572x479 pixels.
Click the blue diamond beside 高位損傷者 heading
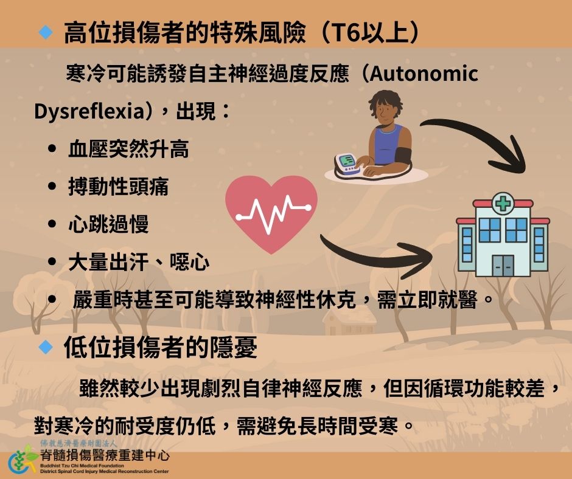(46, 32)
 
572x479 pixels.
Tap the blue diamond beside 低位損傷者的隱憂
(46, 346)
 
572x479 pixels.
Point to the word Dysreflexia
(89, 111)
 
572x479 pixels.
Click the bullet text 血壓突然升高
(128, 149)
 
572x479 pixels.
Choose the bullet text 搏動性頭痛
(118, 186)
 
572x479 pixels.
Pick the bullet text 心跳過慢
(108, 224)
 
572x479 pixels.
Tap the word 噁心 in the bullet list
(189, 261)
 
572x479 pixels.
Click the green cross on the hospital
(503, 204)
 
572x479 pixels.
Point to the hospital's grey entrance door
(503, 266)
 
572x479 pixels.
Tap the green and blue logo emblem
(23, 460)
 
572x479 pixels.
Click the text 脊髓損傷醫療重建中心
(105, 455)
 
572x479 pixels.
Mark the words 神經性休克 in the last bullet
(305, 300)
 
